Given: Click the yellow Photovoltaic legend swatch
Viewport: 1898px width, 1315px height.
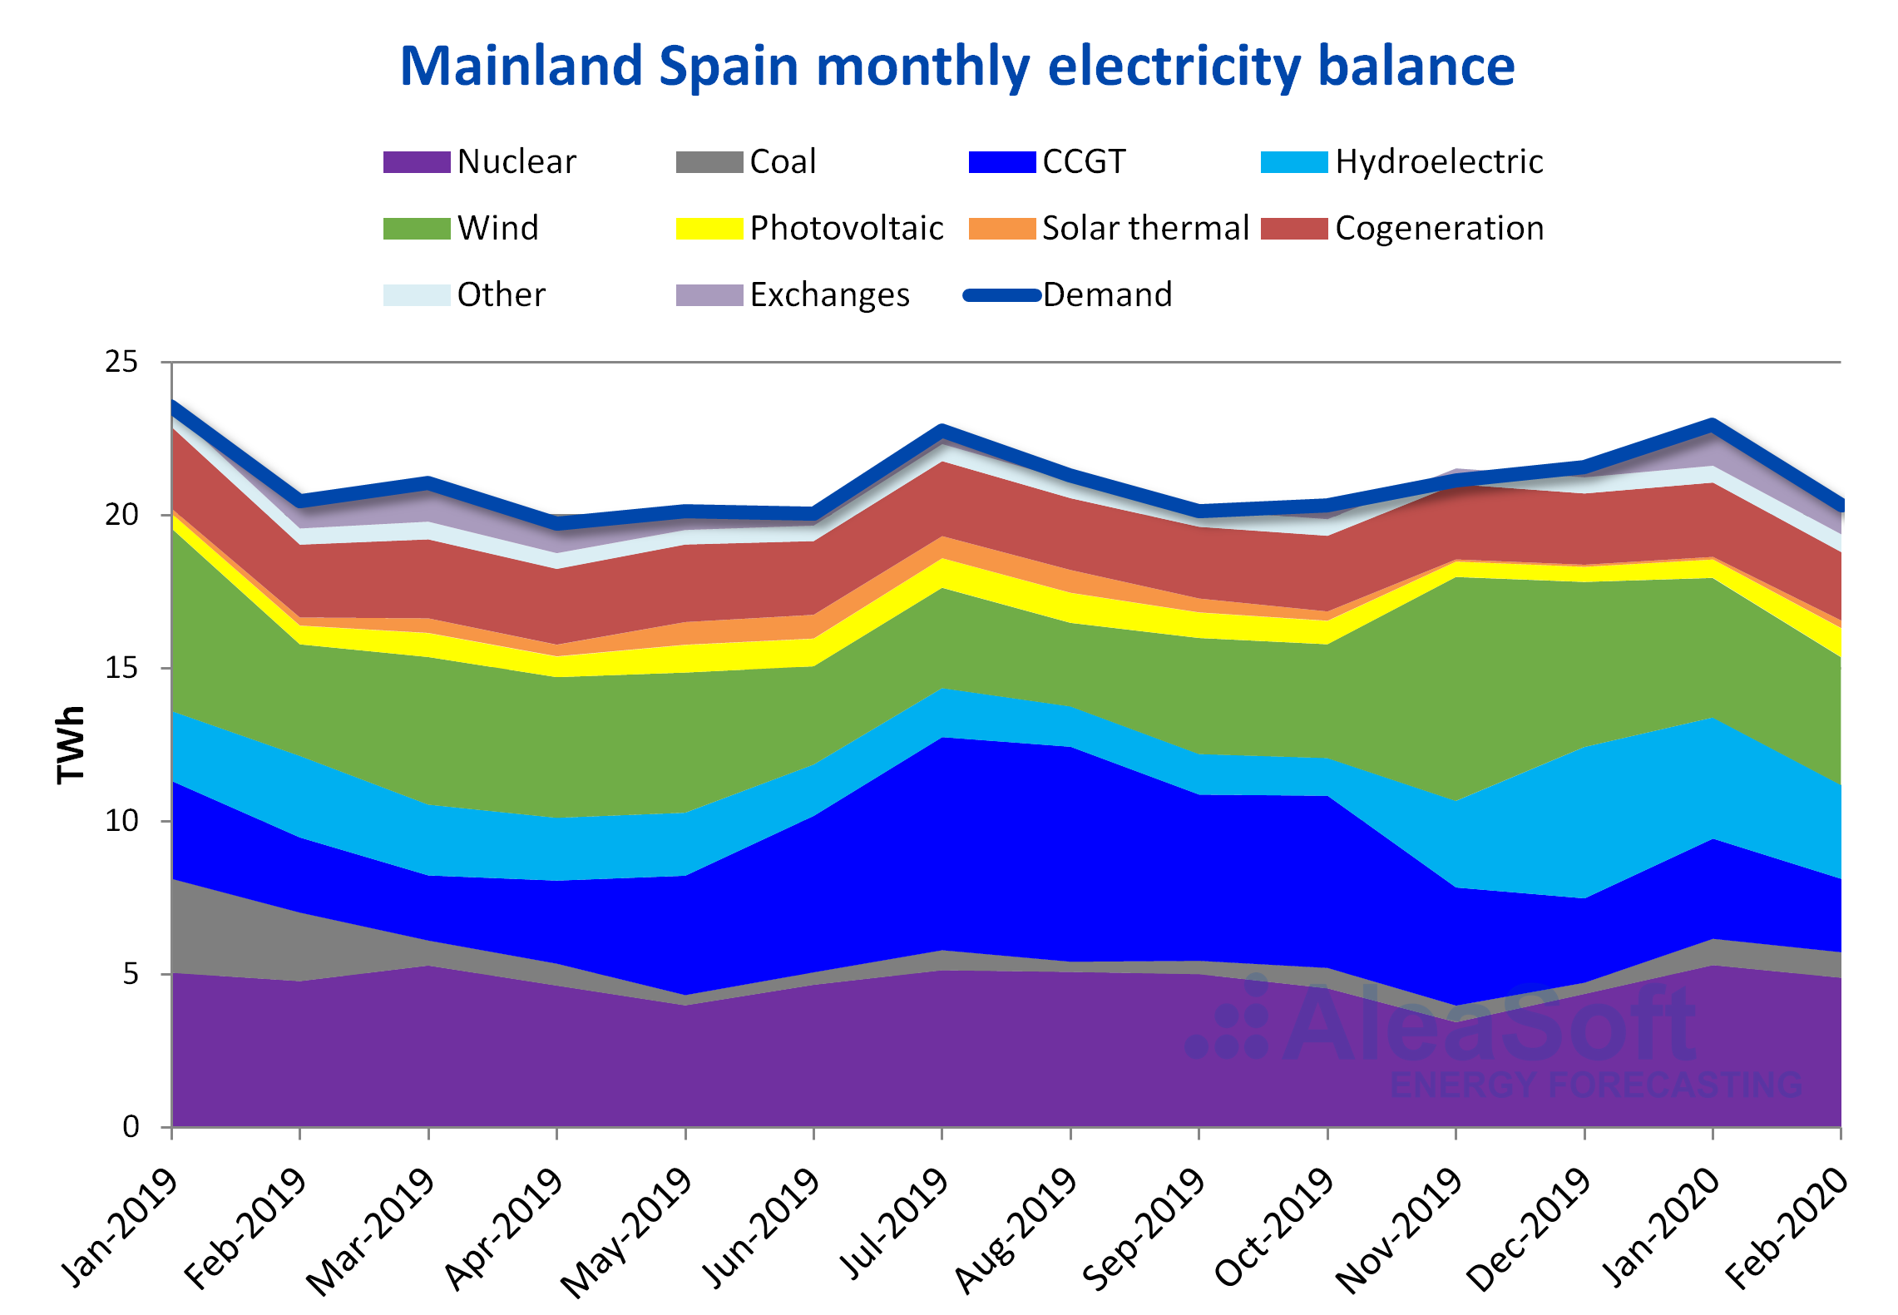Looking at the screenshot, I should click(709, 228).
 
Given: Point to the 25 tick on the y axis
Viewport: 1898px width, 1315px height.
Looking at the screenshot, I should click(121, 362).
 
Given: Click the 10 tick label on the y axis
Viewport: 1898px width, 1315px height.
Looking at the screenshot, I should click(121, 821).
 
